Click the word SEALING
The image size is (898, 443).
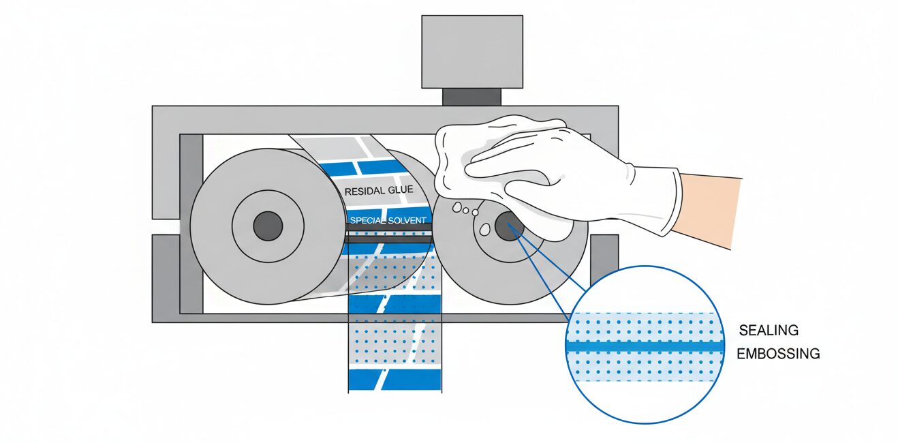pyautogui.click(x=769, y=331)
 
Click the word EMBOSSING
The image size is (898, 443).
pyautogui.click(x=778, y=354)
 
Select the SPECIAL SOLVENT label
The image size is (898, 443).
pyautogui.click(x=388, y=221)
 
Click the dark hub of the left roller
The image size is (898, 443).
pyautogui.click(x=268, y=226)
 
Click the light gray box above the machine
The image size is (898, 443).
pyautogui.click(x=471, y=52)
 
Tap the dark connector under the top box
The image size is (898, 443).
pyautogui.click(x=471, y=97)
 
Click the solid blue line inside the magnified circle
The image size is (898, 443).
pyautogui.click(x=644, y=346)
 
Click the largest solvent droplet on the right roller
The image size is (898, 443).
pyautogui.click(x=485, y=228)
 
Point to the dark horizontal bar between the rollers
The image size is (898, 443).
pyautogui.click(x=388, y=238)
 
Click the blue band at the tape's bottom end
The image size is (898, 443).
pyautogui.click(x=394, y=378)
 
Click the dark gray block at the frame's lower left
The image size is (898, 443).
pyautogui.click(x=166, y=276)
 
